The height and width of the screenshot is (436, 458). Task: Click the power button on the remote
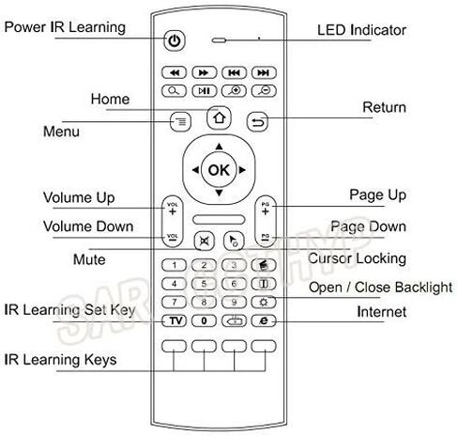point(175,40)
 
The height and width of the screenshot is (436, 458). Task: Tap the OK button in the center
point(219,170)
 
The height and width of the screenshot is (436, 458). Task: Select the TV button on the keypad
point(174,320)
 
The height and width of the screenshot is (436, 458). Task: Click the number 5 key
point(204,284)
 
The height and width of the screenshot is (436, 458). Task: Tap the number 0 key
point(204,320)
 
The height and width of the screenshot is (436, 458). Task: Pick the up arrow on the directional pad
point(219,147)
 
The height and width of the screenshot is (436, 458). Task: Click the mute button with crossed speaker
point(205,241)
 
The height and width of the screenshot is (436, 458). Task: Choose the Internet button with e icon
point(264,320)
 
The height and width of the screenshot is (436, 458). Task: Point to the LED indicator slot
point(219,40)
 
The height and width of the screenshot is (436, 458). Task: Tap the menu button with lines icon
point(180,121)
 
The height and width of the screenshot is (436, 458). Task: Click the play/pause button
point(204,91)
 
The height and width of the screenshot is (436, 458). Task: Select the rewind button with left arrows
point(174,72)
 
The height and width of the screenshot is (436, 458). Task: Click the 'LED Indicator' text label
point(361,30)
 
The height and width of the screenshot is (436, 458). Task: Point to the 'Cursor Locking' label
point(357,258)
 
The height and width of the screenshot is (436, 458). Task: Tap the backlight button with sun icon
point(264,303)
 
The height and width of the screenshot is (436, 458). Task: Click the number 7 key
point(174,303)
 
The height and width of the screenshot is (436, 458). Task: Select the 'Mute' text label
point(89,259)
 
